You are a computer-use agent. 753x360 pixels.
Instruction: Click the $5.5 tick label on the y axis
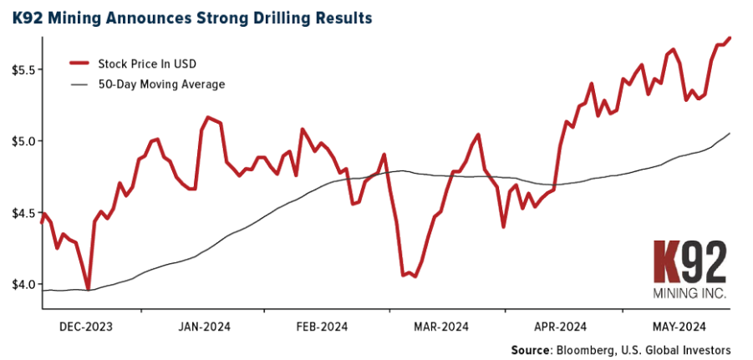tap(19, 69)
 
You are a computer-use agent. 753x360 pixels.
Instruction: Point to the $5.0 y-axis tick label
tap(19, 141)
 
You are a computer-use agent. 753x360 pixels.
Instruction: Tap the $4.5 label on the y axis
tap(19, 212)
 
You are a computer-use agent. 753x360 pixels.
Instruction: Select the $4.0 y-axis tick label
tap(19, 284)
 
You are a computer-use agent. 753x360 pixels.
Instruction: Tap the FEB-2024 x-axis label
tap(322, 326)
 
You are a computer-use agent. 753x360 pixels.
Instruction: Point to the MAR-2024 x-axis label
tap(442, 326)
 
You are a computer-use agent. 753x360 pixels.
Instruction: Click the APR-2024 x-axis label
tap(562, 326)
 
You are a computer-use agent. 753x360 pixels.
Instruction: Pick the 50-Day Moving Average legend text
tap(161, 84)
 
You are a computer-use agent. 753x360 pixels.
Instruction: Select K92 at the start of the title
tap(27, 17)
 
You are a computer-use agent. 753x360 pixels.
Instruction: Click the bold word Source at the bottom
tap(532, 349)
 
